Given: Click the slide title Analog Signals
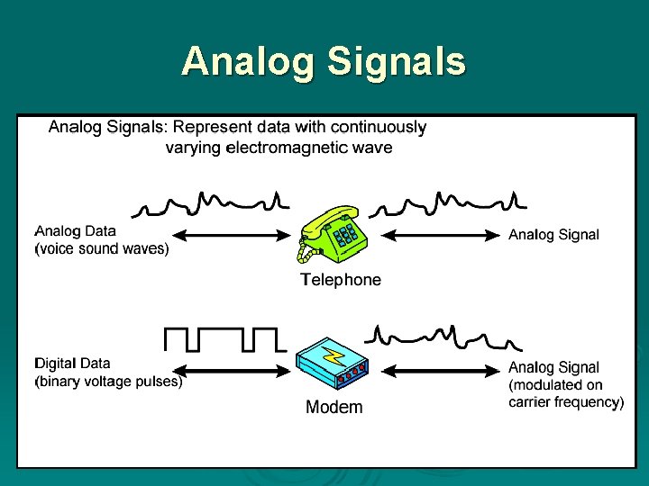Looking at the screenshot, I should click(324, 62).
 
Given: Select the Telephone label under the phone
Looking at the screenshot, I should click(340, 280).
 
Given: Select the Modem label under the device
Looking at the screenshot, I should click(334, 408).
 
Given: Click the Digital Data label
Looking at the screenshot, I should click(72, 364).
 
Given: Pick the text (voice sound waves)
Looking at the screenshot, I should click(101, 249).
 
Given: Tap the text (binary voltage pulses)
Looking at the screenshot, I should click(108, 382).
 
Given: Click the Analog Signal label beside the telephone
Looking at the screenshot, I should click(553, 235).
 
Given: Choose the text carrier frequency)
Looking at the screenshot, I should click(565, 402).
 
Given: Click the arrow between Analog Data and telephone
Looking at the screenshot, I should click(230, 237).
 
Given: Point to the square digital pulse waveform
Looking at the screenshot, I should click(224, 339).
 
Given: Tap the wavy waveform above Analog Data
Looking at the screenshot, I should click(210, 204).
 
